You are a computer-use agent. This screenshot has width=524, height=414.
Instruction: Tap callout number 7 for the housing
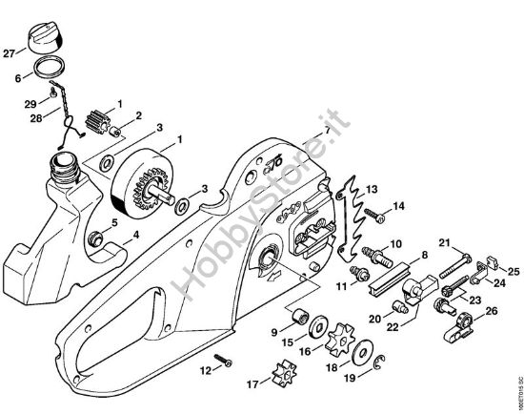click(x=327, y=128)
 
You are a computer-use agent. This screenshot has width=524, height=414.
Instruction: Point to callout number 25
click(x=512, y=273)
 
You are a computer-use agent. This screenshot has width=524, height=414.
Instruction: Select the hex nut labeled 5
click(x=96, y=236)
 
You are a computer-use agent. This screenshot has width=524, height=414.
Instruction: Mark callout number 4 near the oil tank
click(x=135, y=233)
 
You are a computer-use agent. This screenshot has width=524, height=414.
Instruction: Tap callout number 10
click(x=394, y=244)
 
